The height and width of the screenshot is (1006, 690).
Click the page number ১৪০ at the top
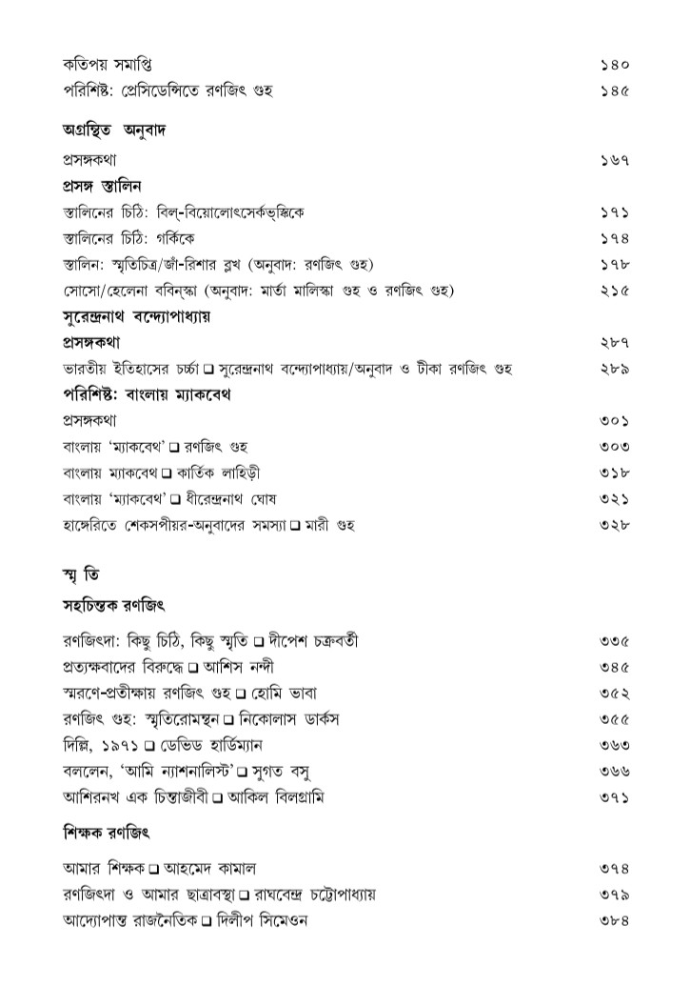click(617, 66)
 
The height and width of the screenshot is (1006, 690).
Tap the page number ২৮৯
click(617, 368)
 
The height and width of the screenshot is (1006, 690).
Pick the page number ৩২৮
click(617, 525)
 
